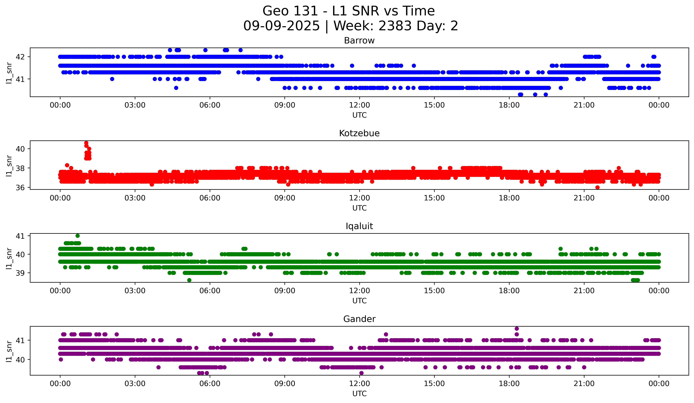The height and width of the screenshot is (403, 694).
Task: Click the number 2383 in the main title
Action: [x=395, y=26]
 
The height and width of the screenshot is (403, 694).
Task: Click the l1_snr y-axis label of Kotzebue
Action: [x=9, y=165]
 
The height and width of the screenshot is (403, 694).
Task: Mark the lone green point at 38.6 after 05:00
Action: [x=189, y=280]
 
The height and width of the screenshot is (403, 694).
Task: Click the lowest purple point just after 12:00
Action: [x=362, y=373]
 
